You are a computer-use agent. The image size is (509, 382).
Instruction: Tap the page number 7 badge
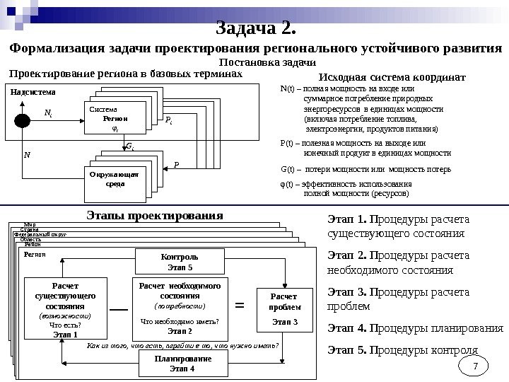(476, 366)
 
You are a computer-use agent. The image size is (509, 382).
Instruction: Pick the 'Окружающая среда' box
(115, 178)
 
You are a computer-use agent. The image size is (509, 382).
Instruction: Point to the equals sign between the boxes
(239, 307)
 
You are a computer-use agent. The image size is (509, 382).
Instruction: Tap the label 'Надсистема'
(33, 92)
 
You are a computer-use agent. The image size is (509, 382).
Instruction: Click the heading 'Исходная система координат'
(392, 76)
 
